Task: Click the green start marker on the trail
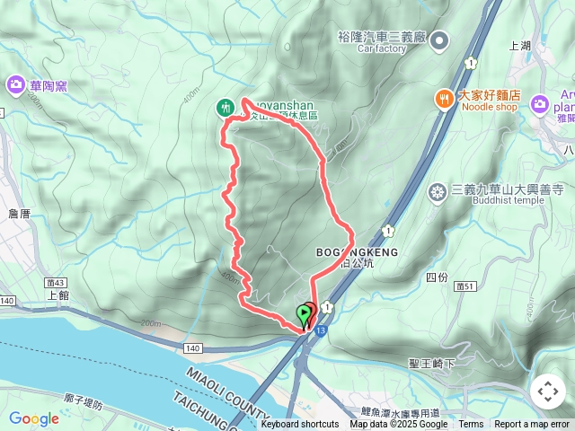[x=304, y=314]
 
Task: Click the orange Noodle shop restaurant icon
[x=444, y=99]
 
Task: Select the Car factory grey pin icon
[x=439, y=40]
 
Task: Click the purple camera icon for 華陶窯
[x=16, y=85]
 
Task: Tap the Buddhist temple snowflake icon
[x=438, y=191]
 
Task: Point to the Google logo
[x=34, y=418]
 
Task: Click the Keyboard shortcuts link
[x=300, y=425]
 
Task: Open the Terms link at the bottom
[x=471, y=425]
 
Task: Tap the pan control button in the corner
[x=547, y=391]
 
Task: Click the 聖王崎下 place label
[x=432, y=364]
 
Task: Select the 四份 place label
[x=437, y=277]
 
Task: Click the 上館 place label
[x=57, y=294]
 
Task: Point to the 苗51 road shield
[x=464, y=285]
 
